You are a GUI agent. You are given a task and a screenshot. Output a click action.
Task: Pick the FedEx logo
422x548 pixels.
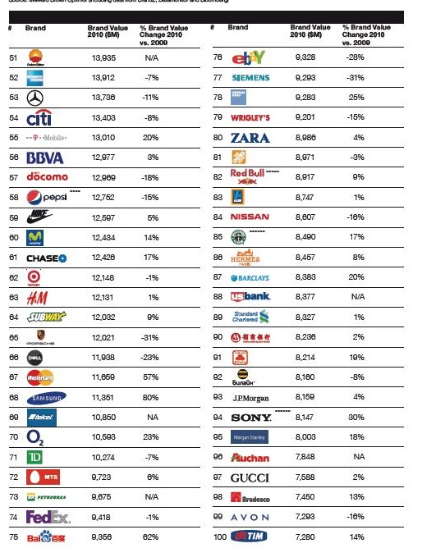47,517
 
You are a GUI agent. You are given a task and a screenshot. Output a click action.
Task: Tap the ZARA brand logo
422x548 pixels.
250,137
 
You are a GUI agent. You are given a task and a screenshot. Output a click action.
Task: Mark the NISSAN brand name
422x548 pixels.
250,217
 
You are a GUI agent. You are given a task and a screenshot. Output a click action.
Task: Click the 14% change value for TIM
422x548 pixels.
356,536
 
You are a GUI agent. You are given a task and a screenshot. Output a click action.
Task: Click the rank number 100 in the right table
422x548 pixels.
218,536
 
